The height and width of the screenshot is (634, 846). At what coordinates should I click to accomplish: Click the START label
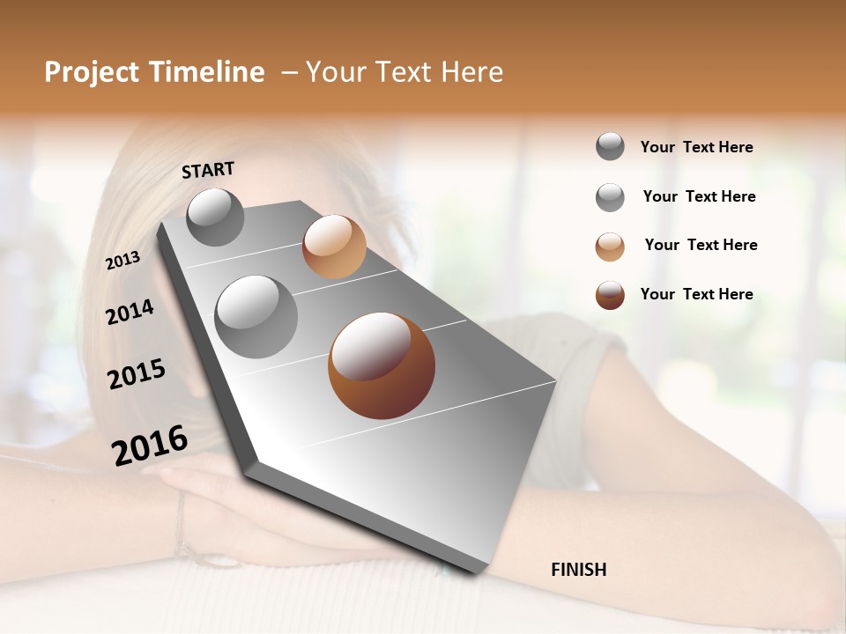coord(208,169)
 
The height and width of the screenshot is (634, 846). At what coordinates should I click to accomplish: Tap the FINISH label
coord(578,570)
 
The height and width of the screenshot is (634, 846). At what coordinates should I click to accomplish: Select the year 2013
coord(123,260)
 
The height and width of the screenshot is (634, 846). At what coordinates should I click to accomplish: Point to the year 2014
coord(130,312)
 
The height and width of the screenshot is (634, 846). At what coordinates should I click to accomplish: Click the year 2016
coord(150,445)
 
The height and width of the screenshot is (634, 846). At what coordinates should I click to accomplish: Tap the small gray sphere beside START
coord(216,217)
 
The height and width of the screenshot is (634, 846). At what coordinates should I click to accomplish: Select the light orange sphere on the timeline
coord(334,247)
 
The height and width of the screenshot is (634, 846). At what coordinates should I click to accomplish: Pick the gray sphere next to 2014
coord(256,316)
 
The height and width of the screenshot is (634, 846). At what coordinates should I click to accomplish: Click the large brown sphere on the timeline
coord(382,365)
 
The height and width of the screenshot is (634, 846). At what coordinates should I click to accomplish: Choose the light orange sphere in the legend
coord(610,247)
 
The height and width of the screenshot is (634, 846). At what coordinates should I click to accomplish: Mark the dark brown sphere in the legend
coord(610,295)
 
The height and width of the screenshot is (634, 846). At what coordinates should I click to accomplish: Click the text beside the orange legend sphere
coord(701,245)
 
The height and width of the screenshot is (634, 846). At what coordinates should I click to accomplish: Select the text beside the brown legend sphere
coord(696,294)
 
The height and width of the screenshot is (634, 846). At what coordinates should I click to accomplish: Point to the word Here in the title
coord(471,72)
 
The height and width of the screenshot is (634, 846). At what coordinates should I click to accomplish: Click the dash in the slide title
coord(289,72)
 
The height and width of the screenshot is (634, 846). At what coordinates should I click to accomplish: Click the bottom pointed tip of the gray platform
coord(477,571)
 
